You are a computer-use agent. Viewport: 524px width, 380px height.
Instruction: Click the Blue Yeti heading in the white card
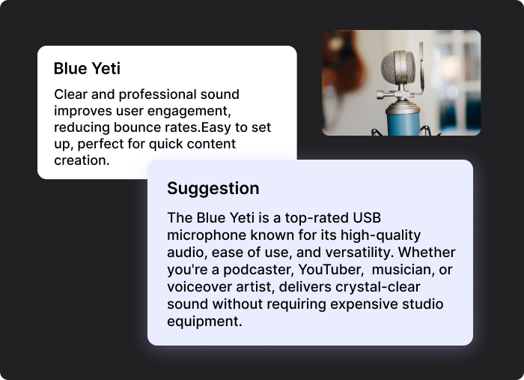click(87, 68)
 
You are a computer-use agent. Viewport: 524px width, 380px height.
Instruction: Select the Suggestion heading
click(213, 189)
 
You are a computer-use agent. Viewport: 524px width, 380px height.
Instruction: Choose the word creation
click(82, 160)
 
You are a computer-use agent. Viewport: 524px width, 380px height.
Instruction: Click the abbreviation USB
click(367, 218)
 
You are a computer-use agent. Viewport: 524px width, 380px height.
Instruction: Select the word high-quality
click(380, 235)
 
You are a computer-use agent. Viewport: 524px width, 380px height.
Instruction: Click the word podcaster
click(259, 270)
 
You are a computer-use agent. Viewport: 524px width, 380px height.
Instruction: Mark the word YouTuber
click(331, 270)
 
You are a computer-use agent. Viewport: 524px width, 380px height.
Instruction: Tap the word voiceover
click(199, 287)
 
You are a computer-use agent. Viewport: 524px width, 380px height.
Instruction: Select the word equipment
click(204, 322)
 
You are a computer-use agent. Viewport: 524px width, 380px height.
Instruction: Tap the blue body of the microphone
click(403, 123)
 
